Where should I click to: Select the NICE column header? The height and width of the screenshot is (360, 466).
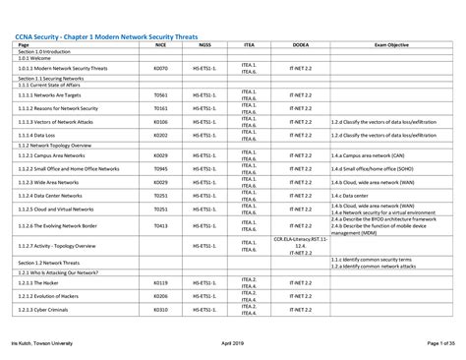[161, 45]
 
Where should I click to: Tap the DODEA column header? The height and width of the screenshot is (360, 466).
[300, 45]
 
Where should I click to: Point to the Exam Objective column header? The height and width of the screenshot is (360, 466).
[391, 45]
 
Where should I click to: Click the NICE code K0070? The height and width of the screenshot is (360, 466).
[161, 69]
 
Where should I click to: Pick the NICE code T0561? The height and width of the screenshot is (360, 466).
[161, 95]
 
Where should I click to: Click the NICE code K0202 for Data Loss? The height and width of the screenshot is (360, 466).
[161, 135]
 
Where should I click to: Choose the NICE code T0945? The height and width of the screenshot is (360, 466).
[161, 169]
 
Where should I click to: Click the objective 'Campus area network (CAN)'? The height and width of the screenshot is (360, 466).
[368, 155]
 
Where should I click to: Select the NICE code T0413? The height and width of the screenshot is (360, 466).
[161, 225]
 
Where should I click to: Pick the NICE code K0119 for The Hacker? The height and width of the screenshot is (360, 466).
[161, 282]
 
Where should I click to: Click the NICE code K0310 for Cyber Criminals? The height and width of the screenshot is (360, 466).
[161, 310]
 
